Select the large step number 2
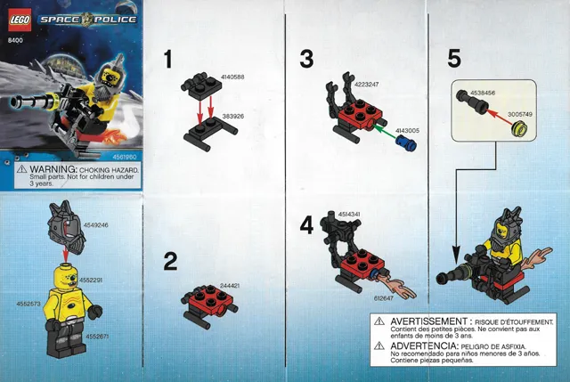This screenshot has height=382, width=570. pyautogui.click(x=170, y=261)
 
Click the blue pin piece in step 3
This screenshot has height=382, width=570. pyautogui.click(x=408, y=141)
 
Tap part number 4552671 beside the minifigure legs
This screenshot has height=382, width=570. pyautogui.click(x=95, y=337)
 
